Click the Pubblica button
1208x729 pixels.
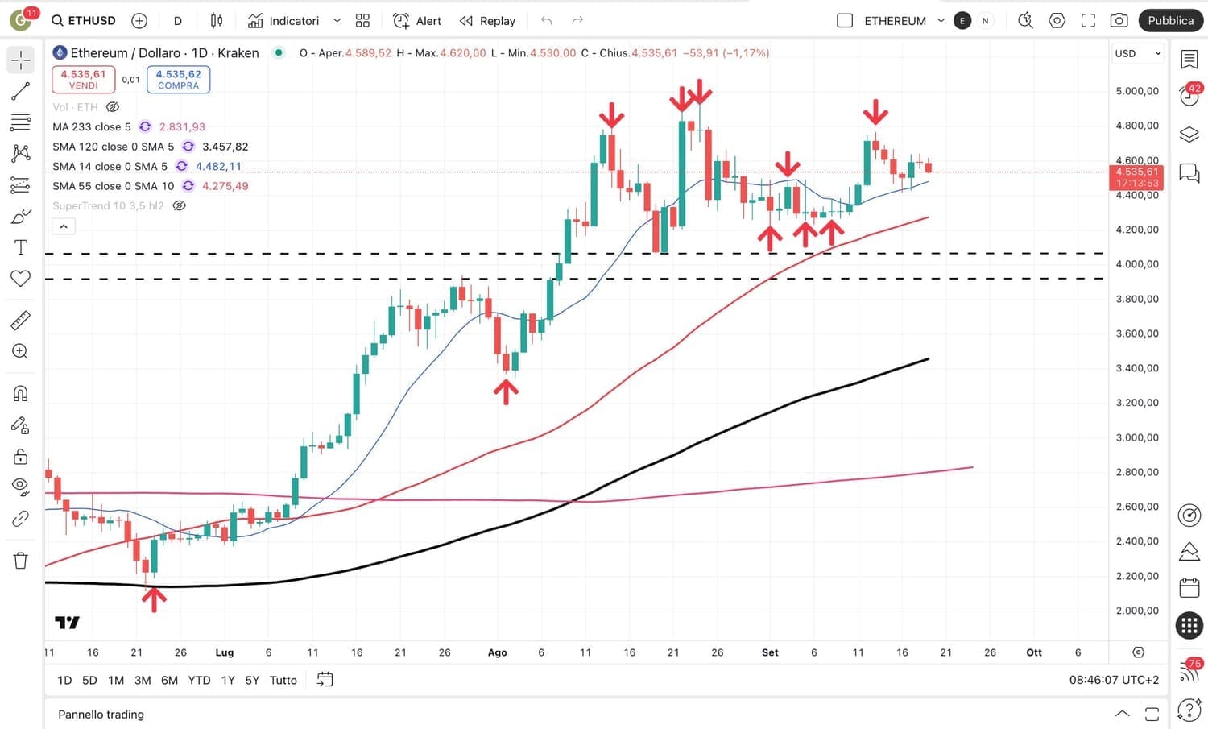pyautogui.click(x=1170, y=20)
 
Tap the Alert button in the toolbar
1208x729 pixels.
pyautogui.click(x=417, y=20)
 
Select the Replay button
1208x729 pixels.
pyautogui.click(x=487, y=20)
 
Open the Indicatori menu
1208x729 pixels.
pyautogui.click(x=283, y=20)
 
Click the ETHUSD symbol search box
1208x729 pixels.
pyautogui.click(x=84, y=20)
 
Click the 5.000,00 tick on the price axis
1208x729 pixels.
pyautogui.click(x=1137, y=91)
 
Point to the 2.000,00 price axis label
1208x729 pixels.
pyautogui.click(x=1137, y=611)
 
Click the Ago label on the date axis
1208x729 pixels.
pyautogui.click(x=498, y=652)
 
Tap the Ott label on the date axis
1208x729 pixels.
pyautogui.click(x=1034, y=652)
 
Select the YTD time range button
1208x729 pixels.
pyautogui.click(x=199, y=680)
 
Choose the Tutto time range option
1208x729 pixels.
pyautogui.click(x=283, y=680)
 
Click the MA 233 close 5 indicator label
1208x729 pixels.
pyautogui.click(x=92, y=126)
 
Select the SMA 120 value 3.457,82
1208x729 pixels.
pyautogui.click(x=225, y=147)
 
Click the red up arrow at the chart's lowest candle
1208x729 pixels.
pyautogui.click(x=154, y=599)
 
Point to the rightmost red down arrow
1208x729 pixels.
pyautogui.click(x=875, y=112)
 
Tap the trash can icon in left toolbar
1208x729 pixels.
pyautogui.click(x=21, y=561)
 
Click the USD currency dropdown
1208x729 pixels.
pyautogui.click(x=1137, y=53)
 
